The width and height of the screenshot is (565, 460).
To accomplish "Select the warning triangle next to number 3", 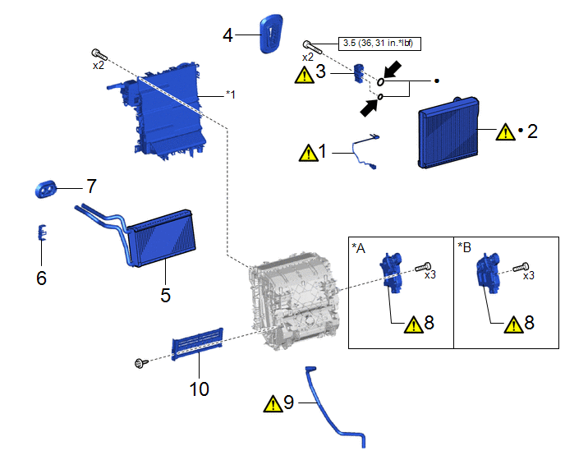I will [x=305, y=75].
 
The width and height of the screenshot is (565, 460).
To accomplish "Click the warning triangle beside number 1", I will [x=308, y=152].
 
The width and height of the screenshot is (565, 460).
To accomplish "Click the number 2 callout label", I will [x=532, y=131].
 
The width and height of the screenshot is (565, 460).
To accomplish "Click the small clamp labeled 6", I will [x=41, y=233].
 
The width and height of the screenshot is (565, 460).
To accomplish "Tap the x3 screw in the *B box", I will [x=520, y=267].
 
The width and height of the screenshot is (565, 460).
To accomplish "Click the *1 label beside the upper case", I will [x=231, y=94].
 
